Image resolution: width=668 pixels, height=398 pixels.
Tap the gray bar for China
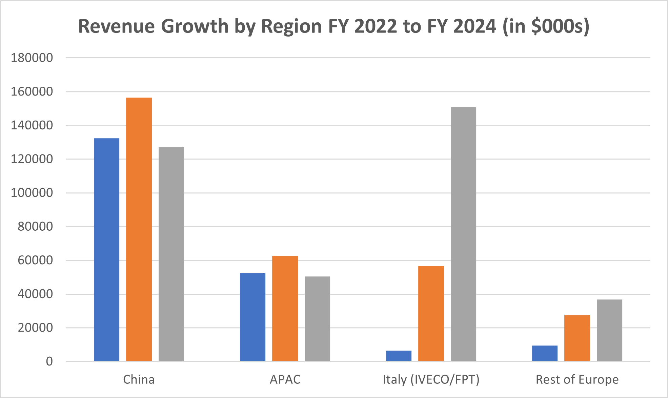click(171, 254)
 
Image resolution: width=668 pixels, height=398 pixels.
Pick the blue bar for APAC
click(252, 317)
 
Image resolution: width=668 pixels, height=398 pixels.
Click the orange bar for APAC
click(285, 308)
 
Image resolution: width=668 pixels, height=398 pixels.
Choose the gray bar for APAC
click(317, 319)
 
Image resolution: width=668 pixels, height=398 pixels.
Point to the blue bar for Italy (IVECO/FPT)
click(399, 356)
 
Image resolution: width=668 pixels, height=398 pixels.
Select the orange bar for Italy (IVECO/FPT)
click(431, 313)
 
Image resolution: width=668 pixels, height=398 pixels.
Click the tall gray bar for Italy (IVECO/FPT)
click(463, 234)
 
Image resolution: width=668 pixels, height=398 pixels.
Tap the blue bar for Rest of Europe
click(545, 353)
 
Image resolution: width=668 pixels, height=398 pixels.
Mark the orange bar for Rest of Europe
click(577, 338)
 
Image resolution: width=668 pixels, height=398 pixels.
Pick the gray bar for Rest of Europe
click(609, 330)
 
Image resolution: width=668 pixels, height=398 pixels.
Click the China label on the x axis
click(139, 380)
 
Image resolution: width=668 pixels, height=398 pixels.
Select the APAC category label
click(285, 380)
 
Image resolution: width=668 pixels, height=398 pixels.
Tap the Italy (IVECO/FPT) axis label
click(431, 380)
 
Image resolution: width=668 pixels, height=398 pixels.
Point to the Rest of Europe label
click(577, 380)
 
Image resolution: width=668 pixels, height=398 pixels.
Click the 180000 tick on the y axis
click(32, 58)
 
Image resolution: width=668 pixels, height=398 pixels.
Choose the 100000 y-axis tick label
click(32, 193)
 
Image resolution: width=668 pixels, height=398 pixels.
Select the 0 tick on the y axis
click(49, 361)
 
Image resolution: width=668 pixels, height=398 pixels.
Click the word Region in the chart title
click(291, 26)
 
